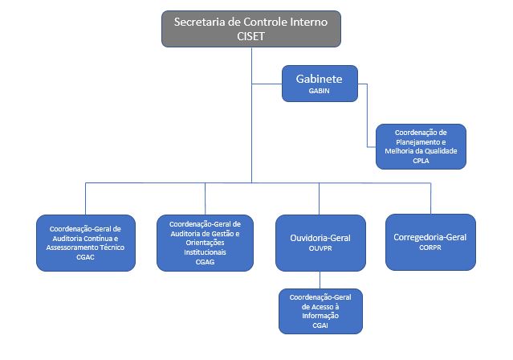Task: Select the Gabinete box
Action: coord(319,84)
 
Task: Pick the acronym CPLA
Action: coord(420,160)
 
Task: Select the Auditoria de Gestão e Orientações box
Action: coord(204,241)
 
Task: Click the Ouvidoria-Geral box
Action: coord(320,241)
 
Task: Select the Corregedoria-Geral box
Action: coord(430,241)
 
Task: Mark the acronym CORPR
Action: coord(430,247)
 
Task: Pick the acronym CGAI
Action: coord(320,325)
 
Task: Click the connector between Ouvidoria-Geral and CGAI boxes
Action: coord(320,280)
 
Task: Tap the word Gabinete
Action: coord(319,80)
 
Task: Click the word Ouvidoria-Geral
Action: coord(320,238)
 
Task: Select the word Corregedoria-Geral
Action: coord(430,237)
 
